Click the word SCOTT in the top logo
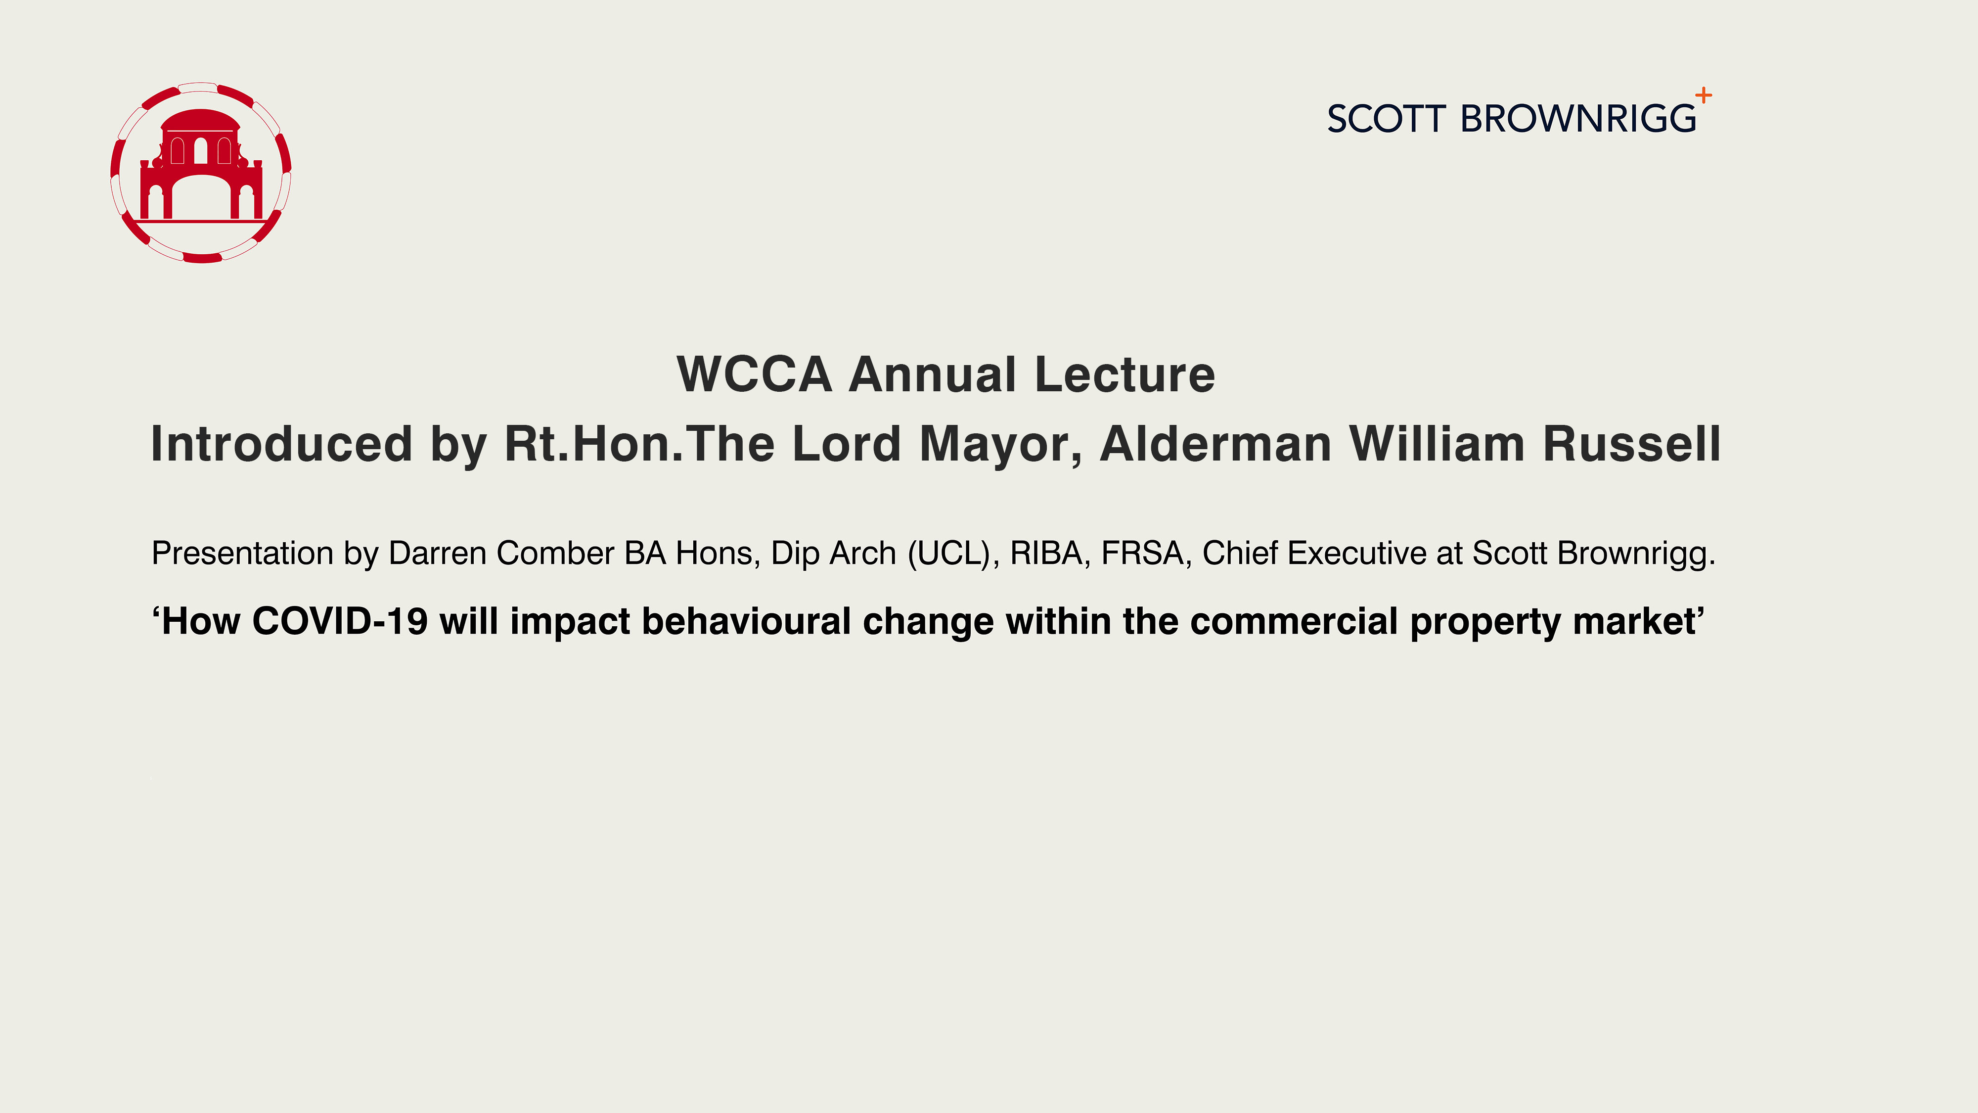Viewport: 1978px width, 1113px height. click(1386, 119)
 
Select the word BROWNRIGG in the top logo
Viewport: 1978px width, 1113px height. click(1578, 119)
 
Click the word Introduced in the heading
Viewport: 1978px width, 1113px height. click(282, 444)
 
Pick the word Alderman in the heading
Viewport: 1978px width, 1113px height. click(1215, 444)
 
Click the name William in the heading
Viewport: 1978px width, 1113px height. click(1437, 444)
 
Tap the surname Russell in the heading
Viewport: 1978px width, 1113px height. click(1632, 444)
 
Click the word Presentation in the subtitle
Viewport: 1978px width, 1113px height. click(243, 553)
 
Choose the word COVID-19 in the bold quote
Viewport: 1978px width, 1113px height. click(339, 621)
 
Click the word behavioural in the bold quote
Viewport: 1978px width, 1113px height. click(746, 621)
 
